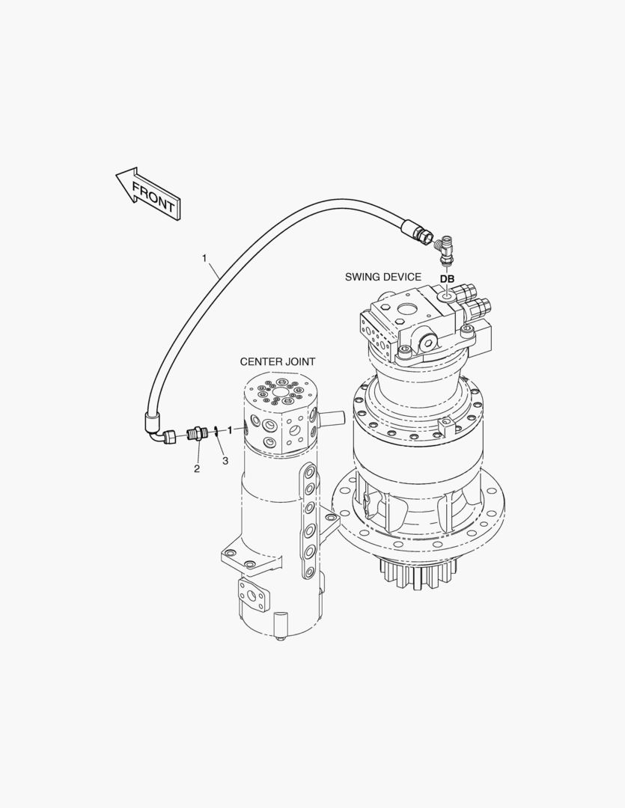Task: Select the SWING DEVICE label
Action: [x=382, y=277]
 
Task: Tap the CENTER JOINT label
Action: [x=278, y=362]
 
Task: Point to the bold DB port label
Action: [x=447, y=279]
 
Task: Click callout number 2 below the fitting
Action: [x=196, y=468]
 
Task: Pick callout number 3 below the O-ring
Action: [x=225, y=461]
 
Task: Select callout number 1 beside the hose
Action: [x=204, y=257]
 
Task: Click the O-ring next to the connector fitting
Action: [x=215, y=432]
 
